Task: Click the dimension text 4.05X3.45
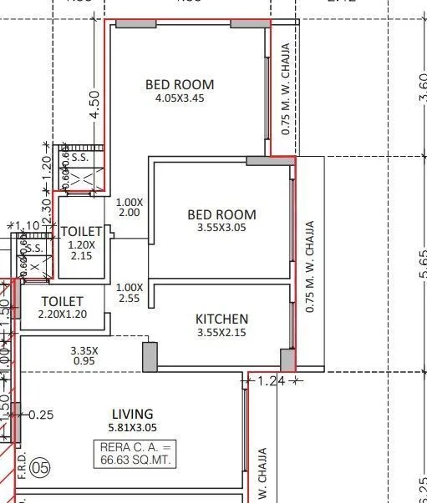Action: point(179,98)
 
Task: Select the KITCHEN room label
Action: point(221,319)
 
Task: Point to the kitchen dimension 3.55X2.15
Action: point(221,333)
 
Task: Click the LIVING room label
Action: point(133,414)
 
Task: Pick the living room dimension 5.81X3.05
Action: point(133,428)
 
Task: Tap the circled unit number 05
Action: point(39,469)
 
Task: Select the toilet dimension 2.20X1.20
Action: point(62,314)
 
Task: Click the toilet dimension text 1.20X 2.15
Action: point(81,251)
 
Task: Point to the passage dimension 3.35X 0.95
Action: point(84,356)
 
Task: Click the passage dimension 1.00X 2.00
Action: point(130,207)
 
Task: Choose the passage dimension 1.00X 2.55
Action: point(130,292)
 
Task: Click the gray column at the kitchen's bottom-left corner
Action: point(150,356)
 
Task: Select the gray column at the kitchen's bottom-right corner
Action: point(287,360)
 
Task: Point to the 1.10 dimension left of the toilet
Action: point(28,226)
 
